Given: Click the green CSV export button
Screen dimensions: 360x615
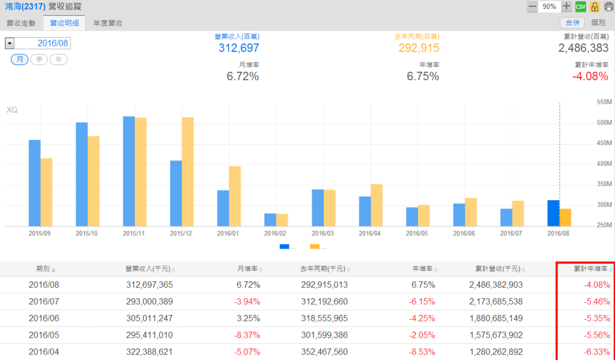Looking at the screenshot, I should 580,7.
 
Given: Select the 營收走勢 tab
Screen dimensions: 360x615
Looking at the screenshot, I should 21,23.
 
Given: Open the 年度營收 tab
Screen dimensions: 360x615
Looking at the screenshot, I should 108,23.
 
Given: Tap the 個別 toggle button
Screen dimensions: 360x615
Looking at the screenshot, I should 598,23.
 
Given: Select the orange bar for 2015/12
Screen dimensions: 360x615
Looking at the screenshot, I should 187,171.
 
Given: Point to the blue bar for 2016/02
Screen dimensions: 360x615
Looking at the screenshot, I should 270,219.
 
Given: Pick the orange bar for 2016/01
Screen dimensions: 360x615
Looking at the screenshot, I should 234,196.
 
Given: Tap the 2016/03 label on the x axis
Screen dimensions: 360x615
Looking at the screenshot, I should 323,233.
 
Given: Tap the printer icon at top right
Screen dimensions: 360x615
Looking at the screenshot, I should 608,7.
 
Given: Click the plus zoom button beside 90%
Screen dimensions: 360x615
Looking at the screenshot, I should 566,7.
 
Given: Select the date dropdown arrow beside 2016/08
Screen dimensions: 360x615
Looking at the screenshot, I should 9,43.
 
